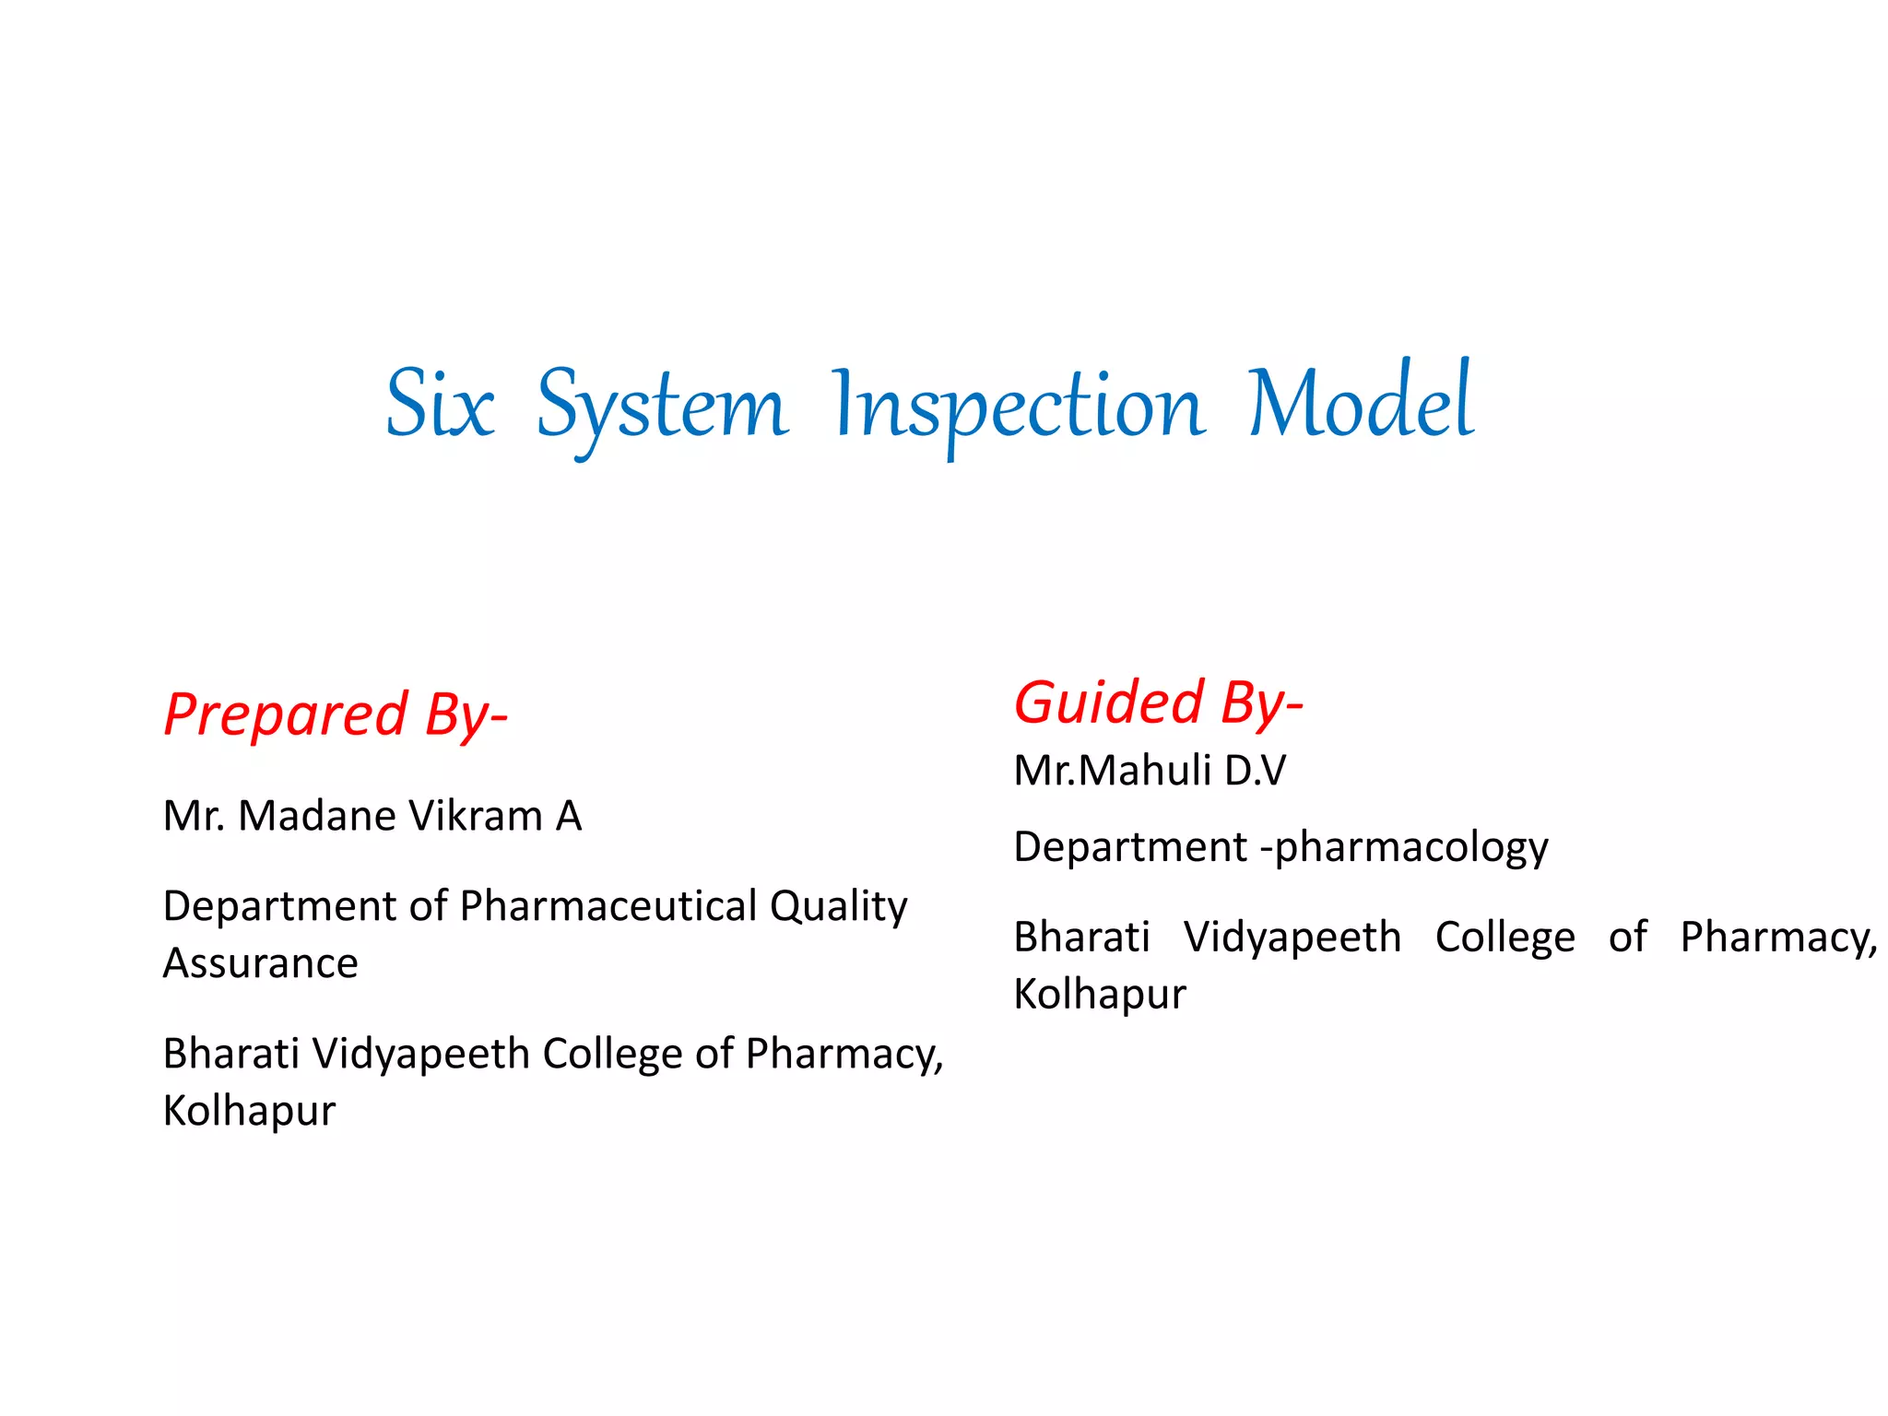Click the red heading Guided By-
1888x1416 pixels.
coord(1158,703)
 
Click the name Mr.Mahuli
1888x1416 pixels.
coord(1112,771)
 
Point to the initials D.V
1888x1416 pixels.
coord(1255,771)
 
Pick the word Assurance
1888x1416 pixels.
coord(260,963)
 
